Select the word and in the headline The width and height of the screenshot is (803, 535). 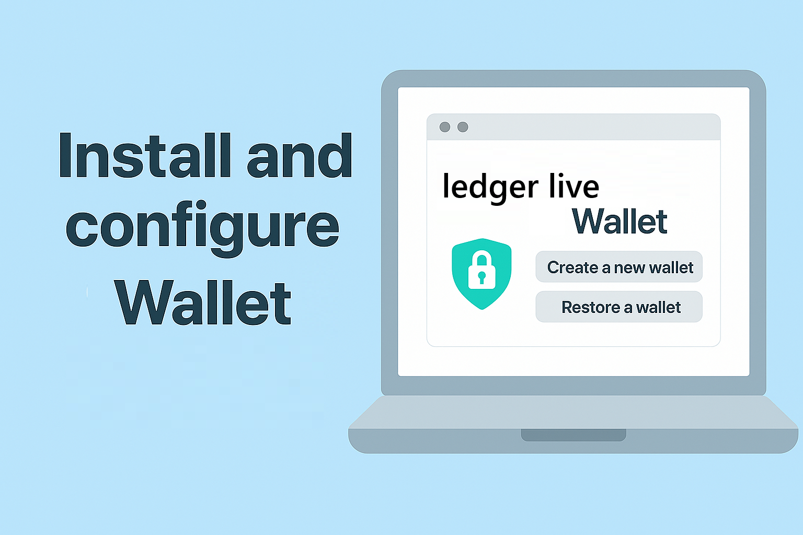(x=300, y=156)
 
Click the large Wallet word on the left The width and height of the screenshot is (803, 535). (x=203, y=303)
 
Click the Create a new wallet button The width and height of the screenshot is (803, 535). (x=619, y=267)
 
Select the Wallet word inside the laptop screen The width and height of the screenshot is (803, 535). (x=620, y=222)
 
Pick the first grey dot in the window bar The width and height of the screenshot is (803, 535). (x=445, y=127)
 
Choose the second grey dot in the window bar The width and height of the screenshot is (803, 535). (x=463, y=127)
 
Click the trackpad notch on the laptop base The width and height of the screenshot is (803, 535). (x=573, y=435)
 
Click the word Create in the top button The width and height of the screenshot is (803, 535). (x=572, y=267)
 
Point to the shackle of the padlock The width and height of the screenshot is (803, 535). (x=481, y=258)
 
